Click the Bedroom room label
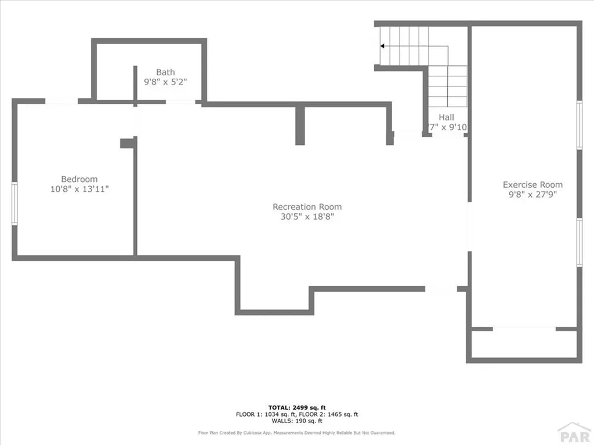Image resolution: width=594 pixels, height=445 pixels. click(x=79, y=179)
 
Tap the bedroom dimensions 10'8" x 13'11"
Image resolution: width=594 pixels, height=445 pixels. click(x=79, y=189)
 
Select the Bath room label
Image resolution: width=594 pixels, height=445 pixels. click(x=165, y=72)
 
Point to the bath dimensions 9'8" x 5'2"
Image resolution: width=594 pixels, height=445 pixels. click(x=165, y=82)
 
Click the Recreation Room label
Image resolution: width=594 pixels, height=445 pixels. click(x=307, y=207)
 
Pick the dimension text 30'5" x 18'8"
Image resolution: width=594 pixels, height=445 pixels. click(x=307, y=217)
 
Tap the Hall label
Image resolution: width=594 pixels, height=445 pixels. click(x=446, y=117)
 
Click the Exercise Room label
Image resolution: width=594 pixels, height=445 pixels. click(x=533, y=185)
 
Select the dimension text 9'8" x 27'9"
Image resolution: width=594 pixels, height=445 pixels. click(x=533, y=195)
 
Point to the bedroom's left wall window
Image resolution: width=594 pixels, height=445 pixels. click(x=15, y=203)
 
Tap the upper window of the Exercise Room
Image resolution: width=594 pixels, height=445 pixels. click(x=579, y=125)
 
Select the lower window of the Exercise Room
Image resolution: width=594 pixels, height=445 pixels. click(x=579, y=242)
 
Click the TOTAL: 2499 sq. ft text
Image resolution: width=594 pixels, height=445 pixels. click(x=296, y=407)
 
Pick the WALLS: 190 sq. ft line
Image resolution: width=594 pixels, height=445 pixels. click(x=296, y=421)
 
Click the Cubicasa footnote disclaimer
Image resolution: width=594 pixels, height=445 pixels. click(x=296, y=433)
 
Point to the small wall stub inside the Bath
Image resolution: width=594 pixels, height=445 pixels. click(x=135, y=85)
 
